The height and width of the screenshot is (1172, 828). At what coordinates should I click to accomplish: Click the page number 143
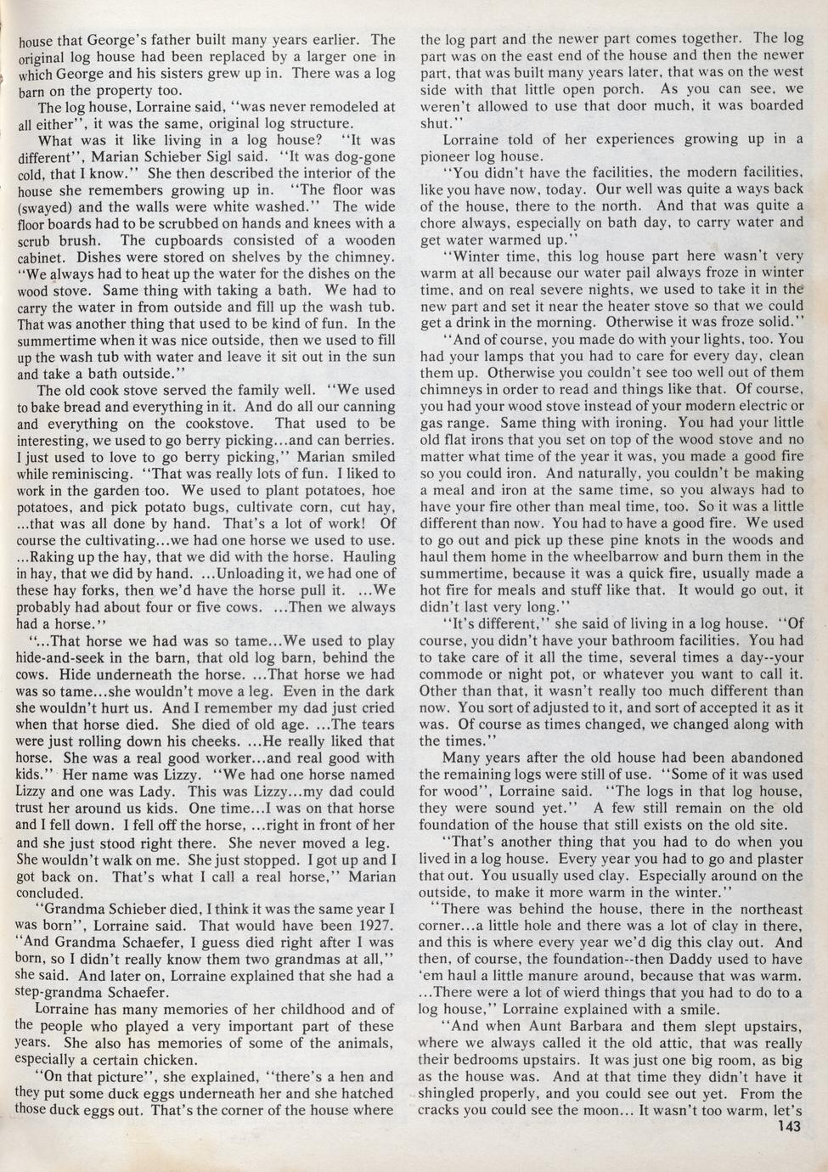pos(789,1127)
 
